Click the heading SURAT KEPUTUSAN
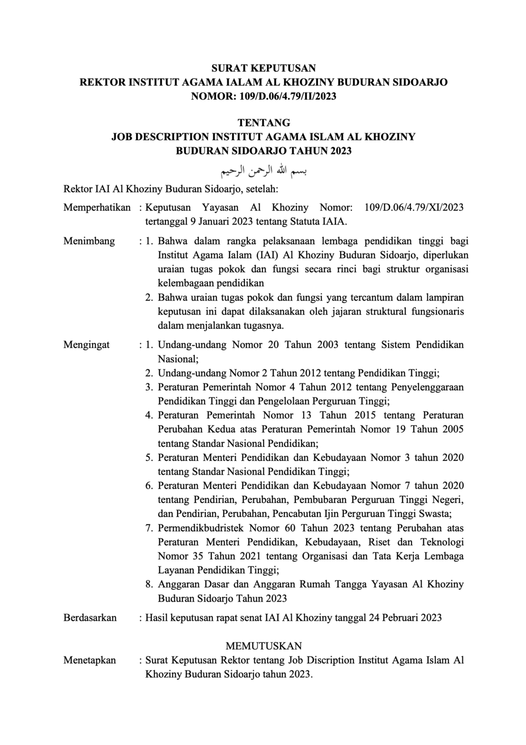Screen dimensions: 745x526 pyautogui.click(x=264, y=68)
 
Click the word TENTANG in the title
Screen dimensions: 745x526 pyautogui.click(x=264, y=123)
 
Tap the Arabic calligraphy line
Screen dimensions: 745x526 pyautogui.click(x=264, y=170)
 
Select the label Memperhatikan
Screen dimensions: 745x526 pyautogui.click(x=97, y=208)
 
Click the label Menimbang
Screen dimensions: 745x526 pyautogui.click(x=89, y=241)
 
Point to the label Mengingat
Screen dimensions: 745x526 pyautogui.click(x=86, y=345)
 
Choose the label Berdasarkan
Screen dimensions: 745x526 pyautogui.click(x=90, y=618)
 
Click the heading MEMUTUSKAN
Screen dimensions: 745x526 pyautogui.click(x=264, y=646)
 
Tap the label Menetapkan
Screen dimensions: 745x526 pyautogui.click(x=89, y=660)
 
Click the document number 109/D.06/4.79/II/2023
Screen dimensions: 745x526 pyautogui.click(x=288, y=96)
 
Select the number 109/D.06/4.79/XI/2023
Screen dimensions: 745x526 pyautogui.click(x=414, y=208)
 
